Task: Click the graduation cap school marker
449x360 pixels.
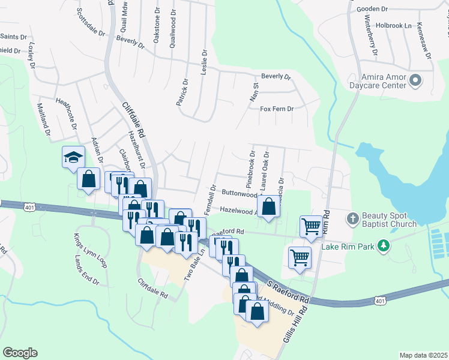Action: coord(73,158)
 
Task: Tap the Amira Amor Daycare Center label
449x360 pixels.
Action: coord(384,81)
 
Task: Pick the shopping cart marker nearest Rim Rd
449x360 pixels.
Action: coord(312,226)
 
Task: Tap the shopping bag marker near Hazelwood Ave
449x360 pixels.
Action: coord(270,206)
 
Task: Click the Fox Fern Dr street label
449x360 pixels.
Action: coord(276,109)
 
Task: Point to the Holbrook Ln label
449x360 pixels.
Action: coord(393,26)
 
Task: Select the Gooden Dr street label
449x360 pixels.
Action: coord(373,9)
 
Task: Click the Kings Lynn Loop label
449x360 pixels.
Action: coord(90,250)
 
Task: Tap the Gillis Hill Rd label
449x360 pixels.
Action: coord(294,325)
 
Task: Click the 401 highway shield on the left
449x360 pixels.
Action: coord(29,207)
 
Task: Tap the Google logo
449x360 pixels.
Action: coord(20,353)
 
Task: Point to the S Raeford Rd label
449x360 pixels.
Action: coord(288,290)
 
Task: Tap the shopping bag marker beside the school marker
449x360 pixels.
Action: coord(89,178)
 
